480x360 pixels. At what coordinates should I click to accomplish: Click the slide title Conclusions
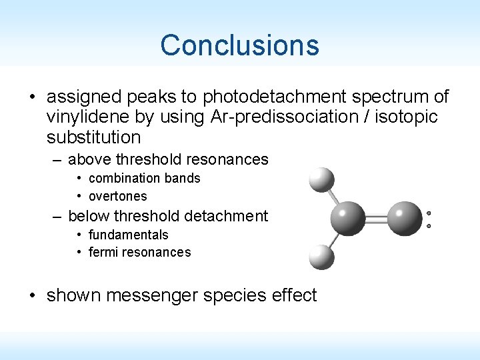[x=239, y=45]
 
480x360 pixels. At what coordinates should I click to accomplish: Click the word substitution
[x=93, y=138]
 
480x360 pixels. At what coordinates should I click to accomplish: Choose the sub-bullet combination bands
[x=144, y=178]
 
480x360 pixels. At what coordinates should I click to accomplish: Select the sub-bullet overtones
[x=117, y=196]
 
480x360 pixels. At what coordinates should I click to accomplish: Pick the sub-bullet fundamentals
[x=128, y=235]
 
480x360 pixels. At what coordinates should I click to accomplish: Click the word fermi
[x=104, y=252]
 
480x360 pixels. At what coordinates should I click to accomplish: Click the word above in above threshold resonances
[x=90, y=159]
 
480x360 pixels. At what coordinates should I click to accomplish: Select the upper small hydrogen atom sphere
[x=321, y=179]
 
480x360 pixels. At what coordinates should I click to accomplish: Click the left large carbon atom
[x=348, y=218]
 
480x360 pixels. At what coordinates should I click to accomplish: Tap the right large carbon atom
[x=403, y=218]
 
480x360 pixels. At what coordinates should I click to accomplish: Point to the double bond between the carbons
[x=375, y=218]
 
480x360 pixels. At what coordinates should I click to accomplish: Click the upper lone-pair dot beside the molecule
[x=429, y=213]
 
